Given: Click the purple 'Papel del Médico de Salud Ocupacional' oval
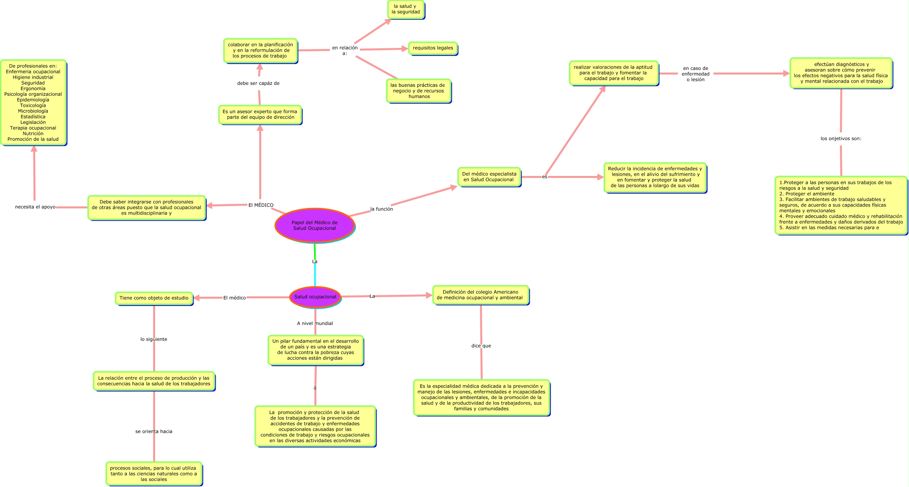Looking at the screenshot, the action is [315, 225].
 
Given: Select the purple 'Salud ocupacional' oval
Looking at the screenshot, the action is [315, 297].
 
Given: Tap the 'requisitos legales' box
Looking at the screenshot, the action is [433, 48].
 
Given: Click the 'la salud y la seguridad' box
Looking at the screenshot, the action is [406, 9].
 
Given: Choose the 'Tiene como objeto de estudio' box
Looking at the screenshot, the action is [154, 298].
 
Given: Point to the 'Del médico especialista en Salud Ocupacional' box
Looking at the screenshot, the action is [489, 177].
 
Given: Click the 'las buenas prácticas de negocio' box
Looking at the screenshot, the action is [419, 91].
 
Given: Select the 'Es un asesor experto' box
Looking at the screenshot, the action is [260, 115].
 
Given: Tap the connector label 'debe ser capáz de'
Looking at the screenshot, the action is [258, 83].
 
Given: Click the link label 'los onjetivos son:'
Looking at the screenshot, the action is [841, 139].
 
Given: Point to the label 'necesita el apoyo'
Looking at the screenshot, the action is [35, 207].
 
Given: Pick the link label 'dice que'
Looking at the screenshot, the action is [481, 346].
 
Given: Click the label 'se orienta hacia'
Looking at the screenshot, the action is [154, 431].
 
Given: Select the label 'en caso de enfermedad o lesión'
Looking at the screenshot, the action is [695, 74].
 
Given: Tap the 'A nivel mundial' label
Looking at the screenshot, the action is [315, 323].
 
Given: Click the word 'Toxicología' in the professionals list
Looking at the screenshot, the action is [33, 106].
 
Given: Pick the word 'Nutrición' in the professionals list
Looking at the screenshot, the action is [33, 134].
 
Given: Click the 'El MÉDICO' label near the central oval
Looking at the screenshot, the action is [261, 205].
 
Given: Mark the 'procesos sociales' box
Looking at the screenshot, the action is [154, 474].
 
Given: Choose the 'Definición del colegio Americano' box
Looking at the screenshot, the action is [481, 295].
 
